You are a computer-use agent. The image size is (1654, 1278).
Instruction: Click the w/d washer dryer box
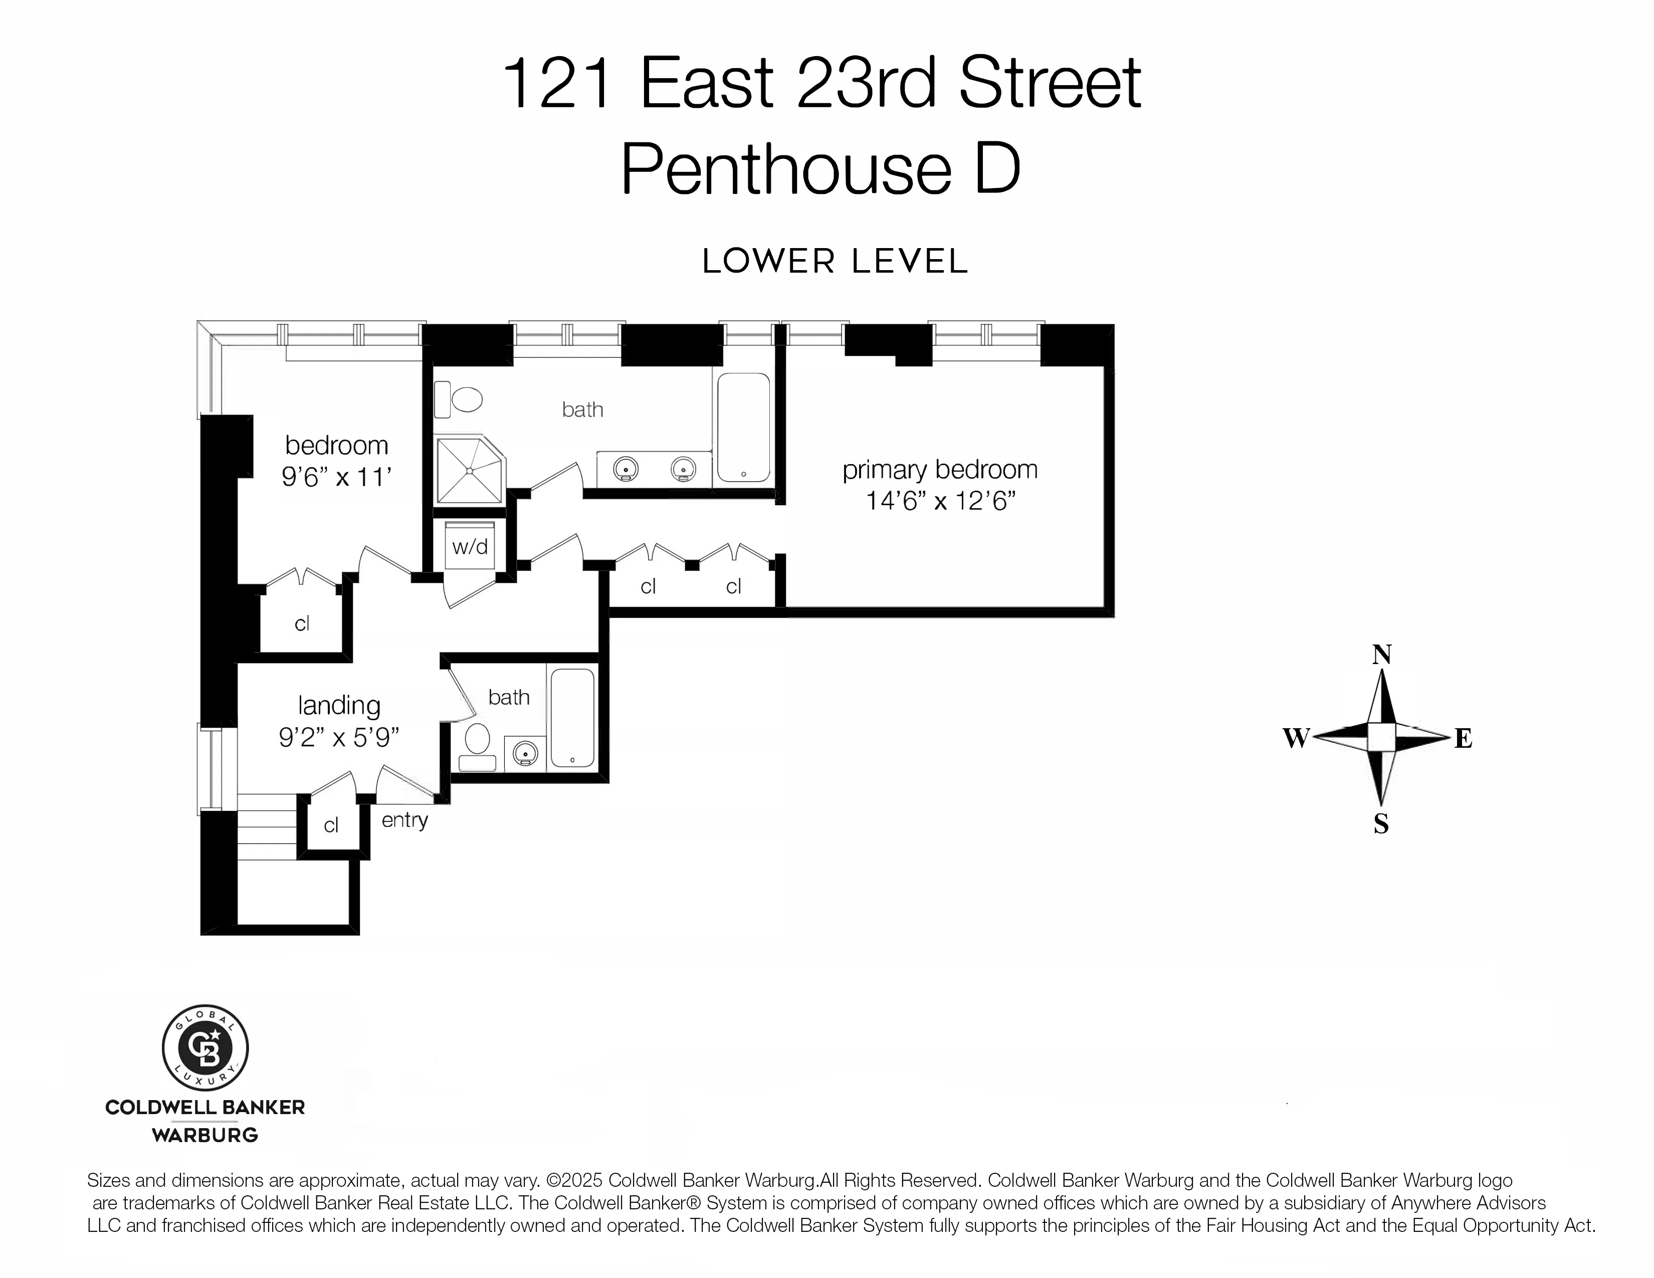pos(470,546)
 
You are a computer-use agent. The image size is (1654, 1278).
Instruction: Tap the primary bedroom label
pos(939,470)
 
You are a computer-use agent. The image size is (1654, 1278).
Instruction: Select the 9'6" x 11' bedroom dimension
pos(336,477)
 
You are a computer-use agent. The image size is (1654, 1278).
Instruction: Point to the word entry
pos(404,820)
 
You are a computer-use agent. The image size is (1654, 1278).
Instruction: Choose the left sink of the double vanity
pos(626,469)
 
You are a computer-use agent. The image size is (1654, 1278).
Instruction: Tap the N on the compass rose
pos(1381,654)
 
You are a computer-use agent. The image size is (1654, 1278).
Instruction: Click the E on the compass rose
pos(1463,738)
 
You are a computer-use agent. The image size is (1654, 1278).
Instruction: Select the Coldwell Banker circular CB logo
pos(205,1048)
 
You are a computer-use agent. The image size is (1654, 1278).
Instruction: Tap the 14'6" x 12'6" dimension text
pos(939,501)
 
